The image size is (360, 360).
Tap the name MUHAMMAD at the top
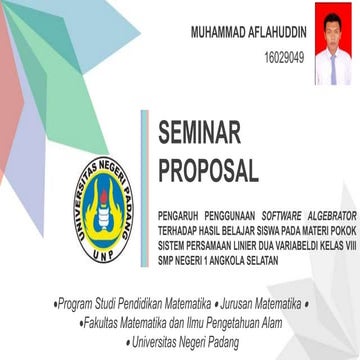pyautogui.click(x=220, y=33)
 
